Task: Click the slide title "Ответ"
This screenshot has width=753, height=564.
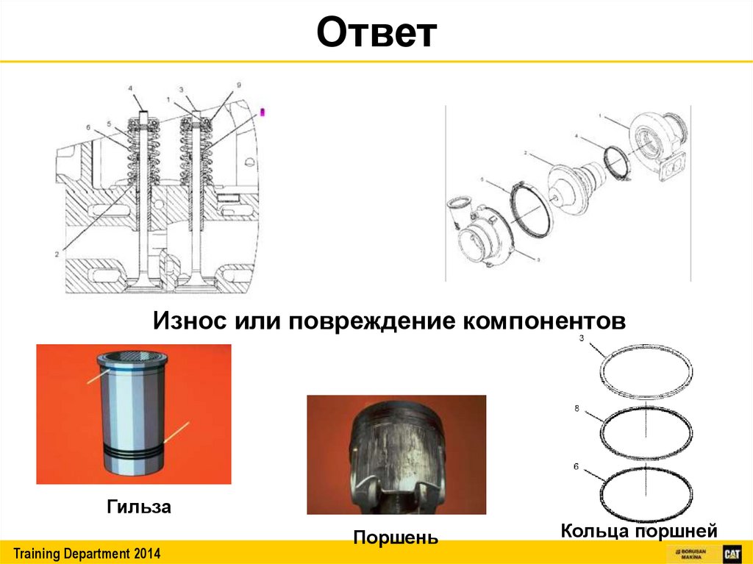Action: [x=376, y=35]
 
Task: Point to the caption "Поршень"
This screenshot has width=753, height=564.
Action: [x=396, y=537]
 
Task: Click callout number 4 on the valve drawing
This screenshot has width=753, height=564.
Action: [x=132, y=89]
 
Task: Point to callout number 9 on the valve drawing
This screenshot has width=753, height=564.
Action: [x=238, y=85]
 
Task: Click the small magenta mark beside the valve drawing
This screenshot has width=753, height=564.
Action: [x=265, y=113]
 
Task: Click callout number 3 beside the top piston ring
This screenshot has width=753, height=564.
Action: [x=581, y=338]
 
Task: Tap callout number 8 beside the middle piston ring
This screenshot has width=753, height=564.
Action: [x=581, y=406]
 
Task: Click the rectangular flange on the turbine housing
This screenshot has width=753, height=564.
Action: [x=671, y=168]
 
